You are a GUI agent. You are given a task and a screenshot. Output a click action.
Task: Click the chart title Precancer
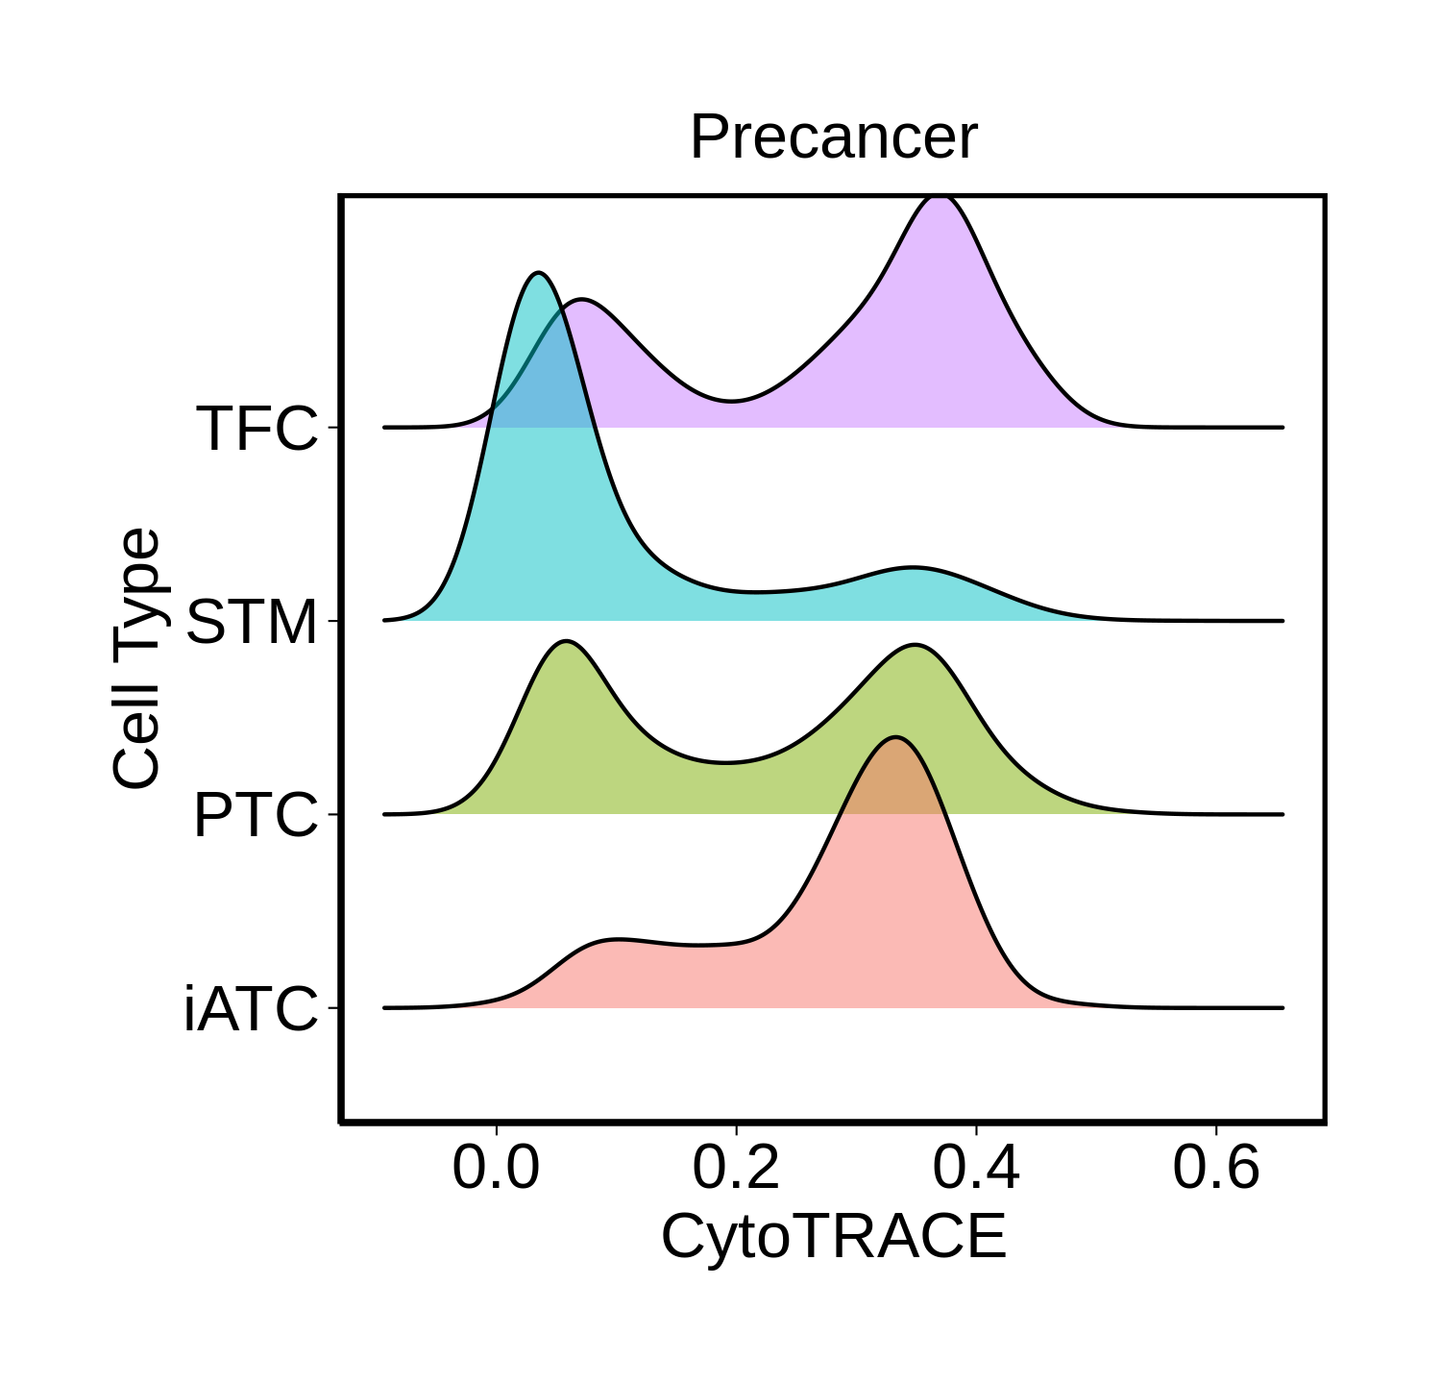coord(833,137)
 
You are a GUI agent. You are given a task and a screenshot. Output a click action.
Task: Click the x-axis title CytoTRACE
coord(833,1236)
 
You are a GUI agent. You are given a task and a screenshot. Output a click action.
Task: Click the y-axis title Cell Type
coord(135,658)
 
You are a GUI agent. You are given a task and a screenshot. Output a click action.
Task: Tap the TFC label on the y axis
coord(256,429)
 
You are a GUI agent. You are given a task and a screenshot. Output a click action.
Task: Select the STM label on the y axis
coord(251,623)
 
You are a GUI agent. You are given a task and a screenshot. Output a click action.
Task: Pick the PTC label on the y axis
coord(255,816)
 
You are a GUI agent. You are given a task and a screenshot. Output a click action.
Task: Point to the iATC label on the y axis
coord(250,1010)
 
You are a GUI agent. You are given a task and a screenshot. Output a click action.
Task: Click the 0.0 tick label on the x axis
coord(496,1169)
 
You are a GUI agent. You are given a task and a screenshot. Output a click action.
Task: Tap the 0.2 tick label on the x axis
coord(736,1169)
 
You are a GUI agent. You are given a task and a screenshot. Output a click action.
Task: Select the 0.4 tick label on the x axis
coord(976,1169)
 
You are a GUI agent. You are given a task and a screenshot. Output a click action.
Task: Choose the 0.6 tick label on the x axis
coord(1216,1169)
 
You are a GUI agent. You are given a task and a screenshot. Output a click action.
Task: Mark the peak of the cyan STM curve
coord(539,274)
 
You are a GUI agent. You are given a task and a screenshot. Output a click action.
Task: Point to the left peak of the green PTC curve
coord(567,641)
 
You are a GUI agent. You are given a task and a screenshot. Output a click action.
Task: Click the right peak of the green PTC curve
coord(915,646)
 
